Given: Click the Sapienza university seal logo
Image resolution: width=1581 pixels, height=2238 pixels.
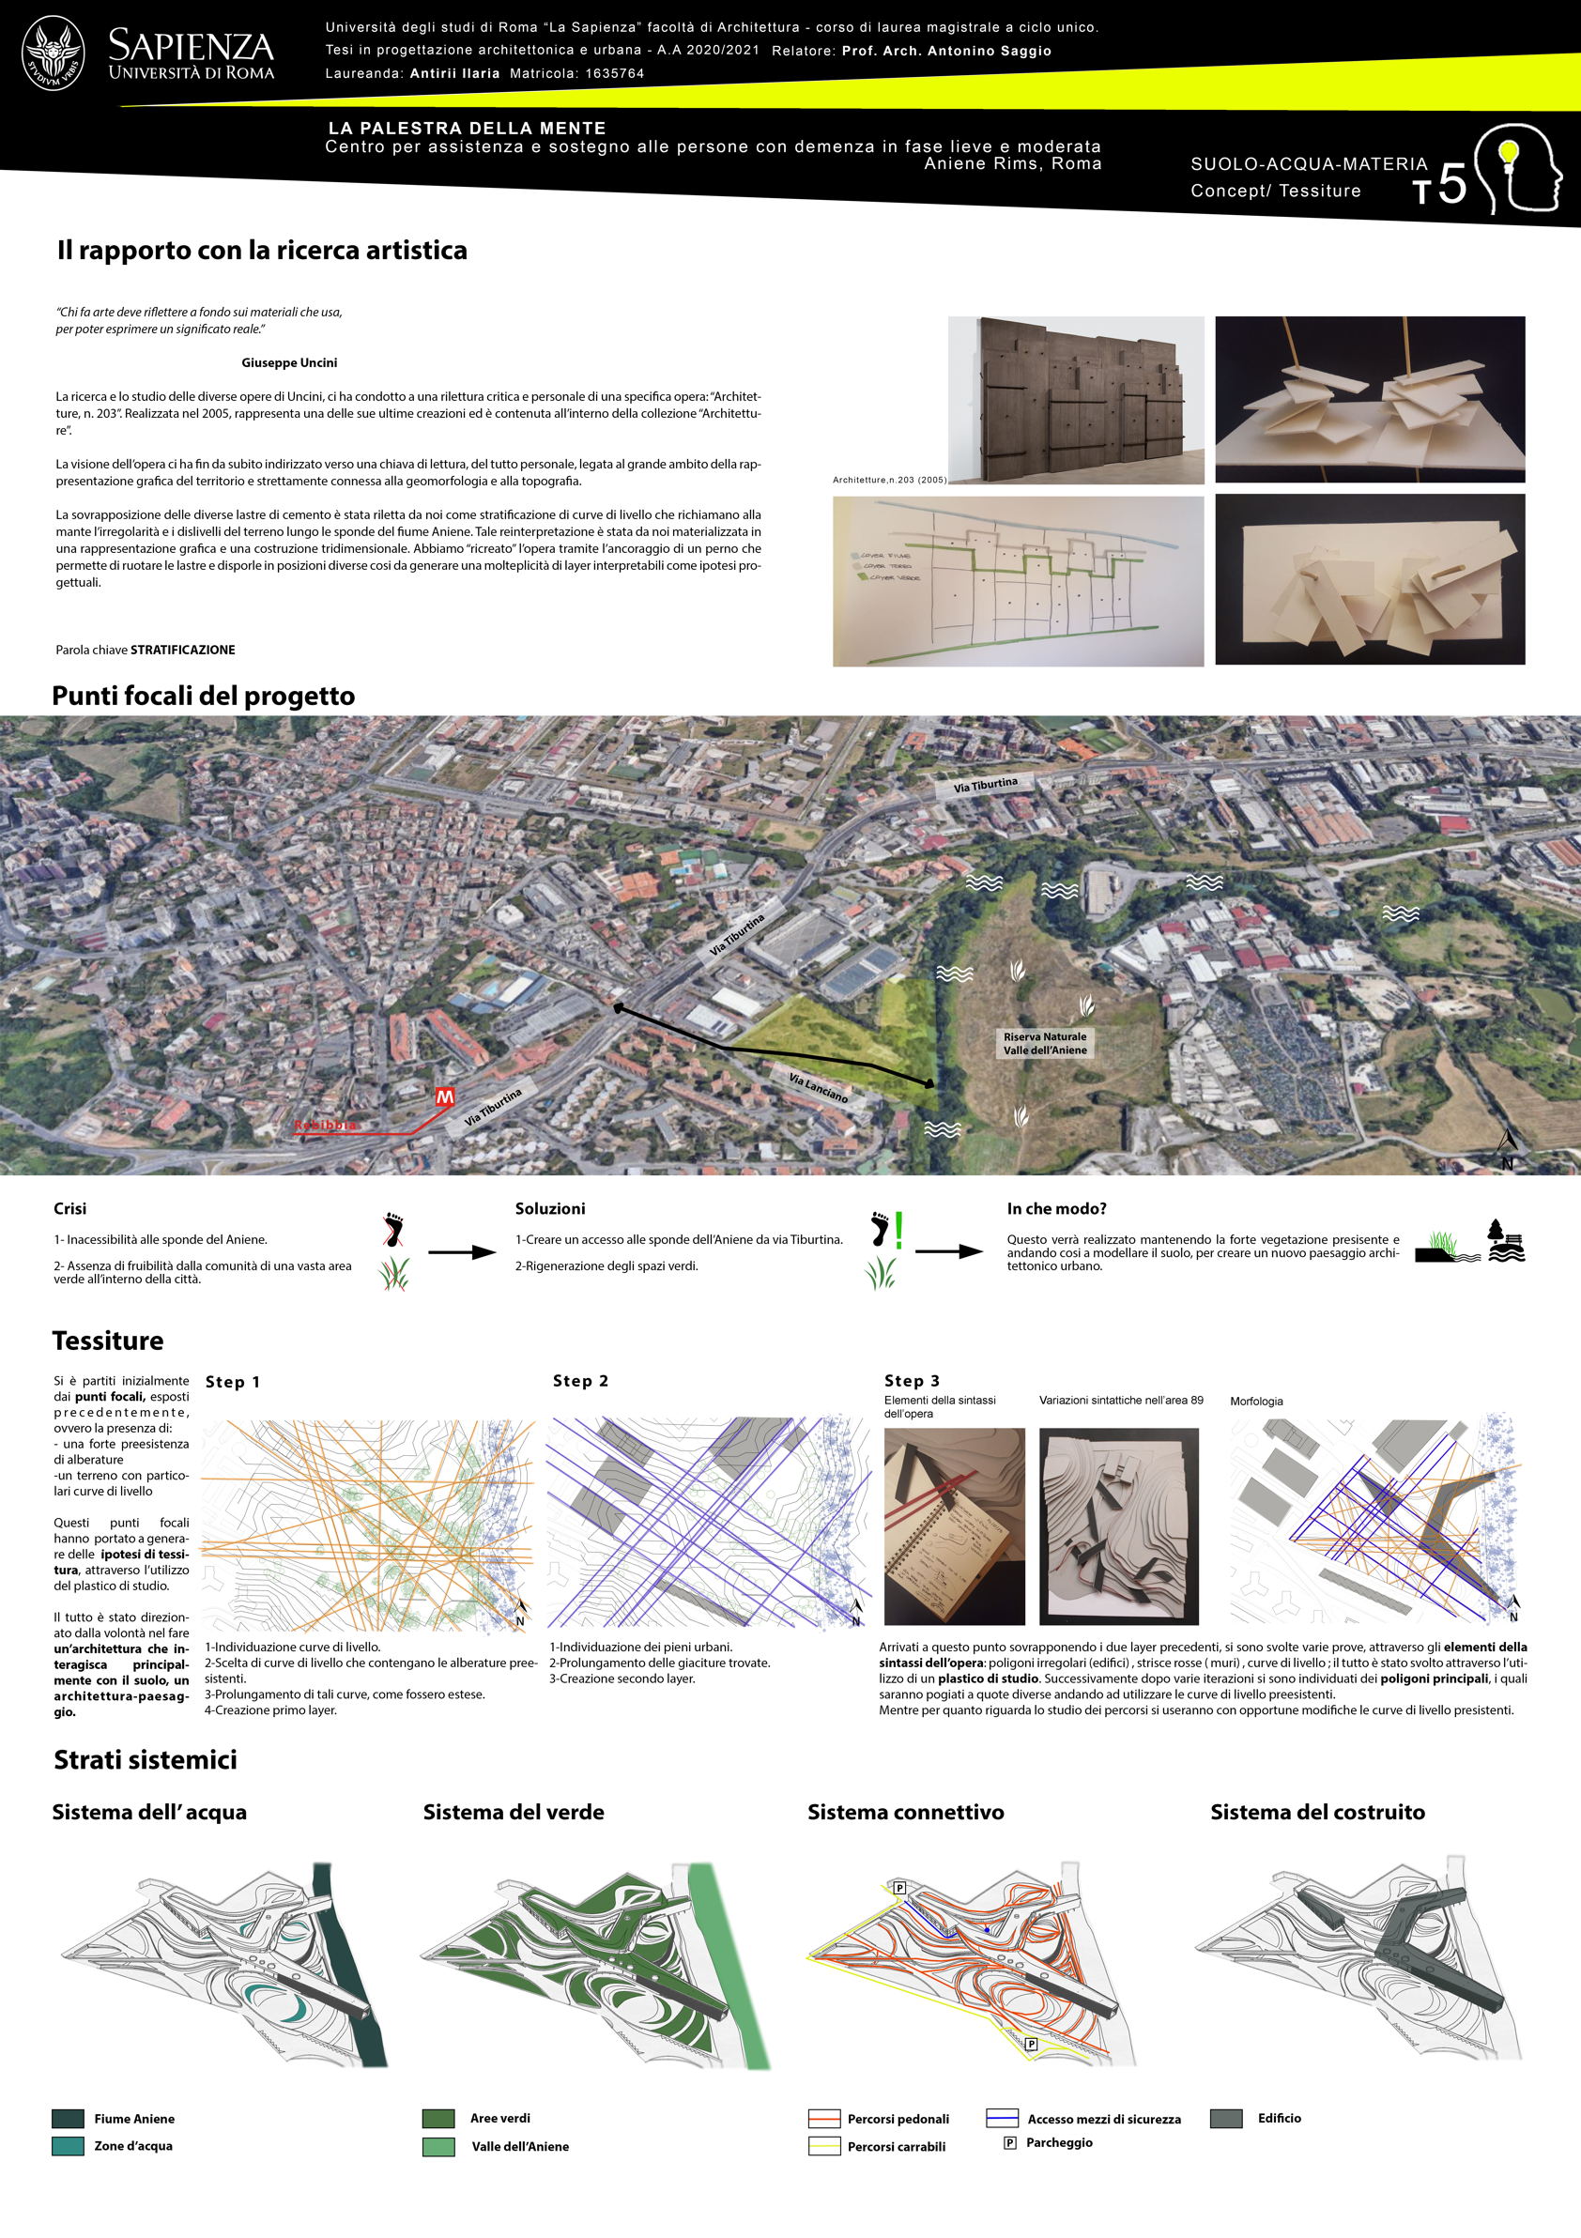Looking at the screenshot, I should click(54, 53).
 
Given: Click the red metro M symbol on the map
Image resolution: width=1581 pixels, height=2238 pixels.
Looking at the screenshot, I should click(444, 1097).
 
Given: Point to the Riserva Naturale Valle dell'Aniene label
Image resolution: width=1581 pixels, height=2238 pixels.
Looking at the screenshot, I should click(1044, 1043).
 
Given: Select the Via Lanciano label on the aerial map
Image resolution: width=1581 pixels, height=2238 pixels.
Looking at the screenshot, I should click(818, 1088).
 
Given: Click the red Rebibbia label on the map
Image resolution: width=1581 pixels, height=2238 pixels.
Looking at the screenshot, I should click(326, 1125).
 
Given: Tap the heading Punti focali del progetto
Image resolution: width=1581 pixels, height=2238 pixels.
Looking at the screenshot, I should click(203, 696).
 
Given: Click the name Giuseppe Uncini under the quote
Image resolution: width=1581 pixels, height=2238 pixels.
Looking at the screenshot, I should click(288, 362).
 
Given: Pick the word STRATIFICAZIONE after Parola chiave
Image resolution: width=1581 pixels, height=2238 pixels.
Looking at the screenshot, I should click(183, 651).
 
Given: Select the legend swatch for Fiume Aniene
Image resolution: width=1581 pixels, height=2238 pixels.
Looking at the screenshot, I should click(68, 2118).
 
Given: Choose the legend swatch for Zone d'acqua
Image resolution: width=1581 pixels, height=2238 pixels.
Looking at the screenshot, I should click(68, 2145).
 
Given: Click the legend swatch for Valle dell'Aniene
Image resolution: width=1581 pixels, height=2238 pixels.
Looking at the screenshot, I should click(438, 2146).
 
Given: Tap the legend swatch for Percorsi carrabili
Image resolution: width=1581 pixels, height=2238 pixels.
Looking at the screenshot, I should click(823, 2146).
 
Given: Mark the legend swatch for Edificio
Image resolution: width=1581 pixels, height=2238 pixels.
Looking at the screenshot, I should click(1225, 2118).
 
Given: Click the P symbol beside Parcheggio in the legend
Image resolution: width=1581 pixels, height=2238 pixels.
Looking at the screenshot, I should click(1010, 2142).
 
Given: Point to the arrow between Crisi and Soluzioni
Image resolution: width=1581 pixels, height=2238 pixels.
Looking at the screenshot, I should click(461, 1252).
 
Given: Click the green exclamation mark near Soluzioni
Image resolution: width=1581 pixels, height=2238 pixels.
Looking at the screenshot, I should click(898, 1231).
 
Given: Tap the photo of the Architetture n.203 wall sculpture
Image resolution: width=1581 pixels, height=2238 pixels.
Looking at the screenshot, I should click(1075, 400).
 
